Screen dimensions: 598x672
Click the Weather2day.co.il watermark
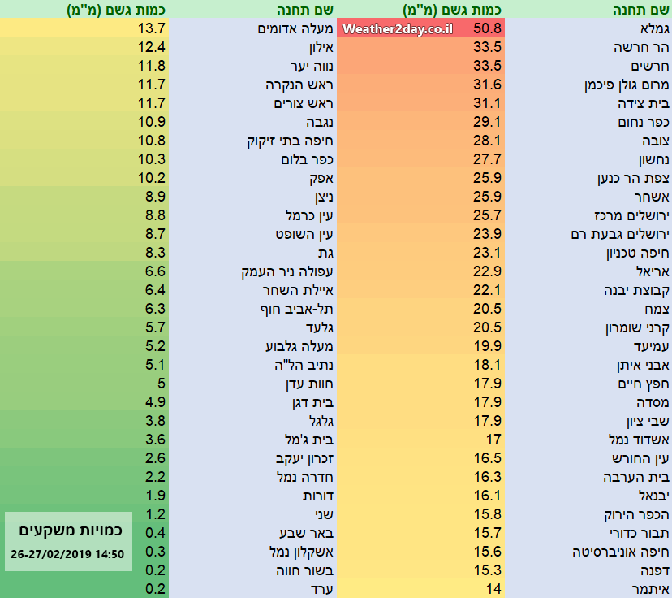coord(397,29)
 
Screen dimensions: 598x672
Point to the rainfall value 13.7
coord(152,29)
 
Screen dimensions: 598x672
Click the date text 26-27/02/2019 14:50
coord(68,555)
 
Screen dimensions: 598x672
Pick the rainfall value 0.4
coord(156,533)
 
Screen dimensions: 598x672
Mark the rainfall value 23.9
coord(489,234)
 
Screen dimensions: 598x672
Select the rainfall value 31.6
coord(489,85)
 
